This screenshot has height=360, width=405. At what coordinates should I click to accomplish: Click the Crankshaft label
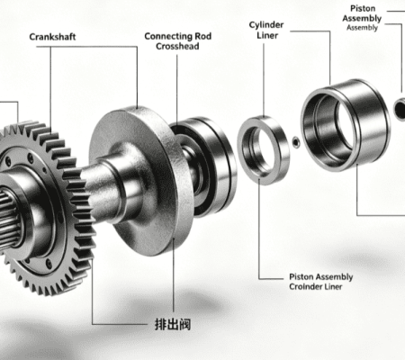pos(52,37)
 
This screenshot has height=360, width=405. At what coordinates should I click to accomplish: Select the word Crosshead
pos(177,46)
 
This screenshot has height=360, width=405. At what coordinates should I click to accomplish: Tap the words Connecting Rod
pos(178,36)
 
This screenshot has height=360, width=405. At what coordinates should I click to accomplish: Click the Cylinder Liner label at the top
pos(266,30)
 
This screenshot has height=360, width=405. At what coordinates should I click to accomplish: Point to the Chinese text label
pos(173,324)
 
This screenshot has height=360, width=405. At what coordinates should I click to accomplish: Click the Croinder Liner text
pos(316,286)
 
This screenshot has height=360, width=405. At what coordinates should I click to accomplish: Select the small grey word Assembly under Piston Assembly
pos(362,28)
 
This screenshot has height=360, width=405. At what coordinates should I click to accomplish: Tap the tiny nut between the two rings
pos(296,142)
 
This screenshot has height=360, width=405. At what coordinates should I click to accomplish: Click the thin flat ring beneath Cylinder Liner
pos(264,151)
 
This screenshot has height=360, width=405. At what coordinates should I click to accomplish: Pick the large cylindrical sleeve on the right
pos(345,124)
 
